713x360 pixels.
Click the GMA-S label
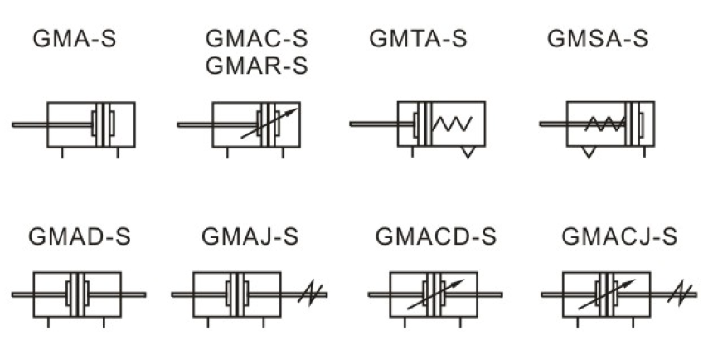[75, 39]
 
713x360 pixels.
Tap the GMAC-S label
[257, 39]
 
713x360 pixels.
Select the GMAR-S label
[257, 66]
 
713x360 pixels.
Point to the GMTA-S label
[418, 38]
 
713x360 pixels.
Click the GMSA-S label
[598, 38]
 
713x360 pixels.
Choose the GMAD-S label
[80, 236]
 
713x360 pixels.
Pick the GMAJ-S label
[250, 236]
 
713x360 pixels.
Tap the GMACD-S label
[435, 236]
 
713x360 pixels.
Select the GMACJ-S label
[619, 236]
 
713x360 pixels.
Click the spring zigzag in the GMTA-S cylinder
[453, 124]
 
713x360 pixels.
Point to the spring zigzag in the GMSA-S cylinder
[604, 124]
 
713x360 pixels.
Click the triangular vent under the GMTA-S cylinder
[468, 152]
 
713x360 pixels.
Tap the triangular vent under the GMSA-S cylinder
[589, 152]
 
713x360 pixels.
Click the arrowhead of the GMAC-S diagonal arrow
[293, 110]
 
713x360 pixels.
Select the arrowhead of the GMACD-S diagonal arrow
[458, 283]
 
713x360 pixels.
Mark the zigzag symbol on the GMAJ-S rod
[311, 294]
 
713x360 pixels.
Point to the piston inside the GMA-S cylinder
[104, 124]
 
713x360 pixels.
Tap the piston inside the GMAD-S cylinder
[77, 294]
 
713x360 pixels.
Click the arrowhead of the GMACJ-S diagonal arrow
[630, 283]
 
